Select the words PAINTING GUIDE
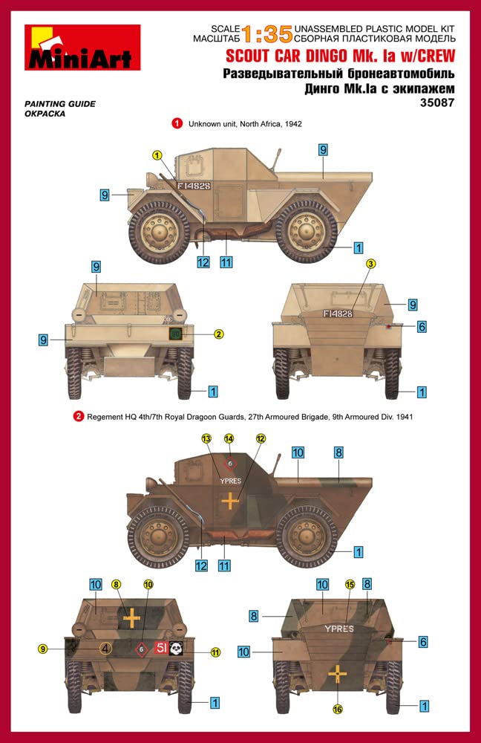click(x=60, y=104)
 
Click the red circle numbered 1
click(x=178, y=124)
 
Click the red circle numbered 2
click(x=79, y=417)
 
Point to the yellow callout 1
click(x=157, y=155)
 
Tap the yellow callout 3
click(x=371, y=263)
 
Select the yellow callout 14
click(x=229, y=439)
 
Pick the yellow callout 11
click(x=216, y=652)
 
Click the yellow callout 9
click(x=44, y=649)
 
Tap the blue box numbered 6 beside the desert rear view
click(x=422, y=326)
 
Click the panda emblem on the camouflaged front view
click(x=176, y=648)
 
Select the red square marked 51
click(x=160, y=648)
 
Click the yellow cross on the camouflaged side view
click(x=231, y=501)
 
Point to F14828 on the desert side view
click(x=194, y=185)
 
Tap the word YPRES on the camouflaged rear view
click(x=338, y=629)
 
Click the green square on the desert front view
click(x=175, y=334)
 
